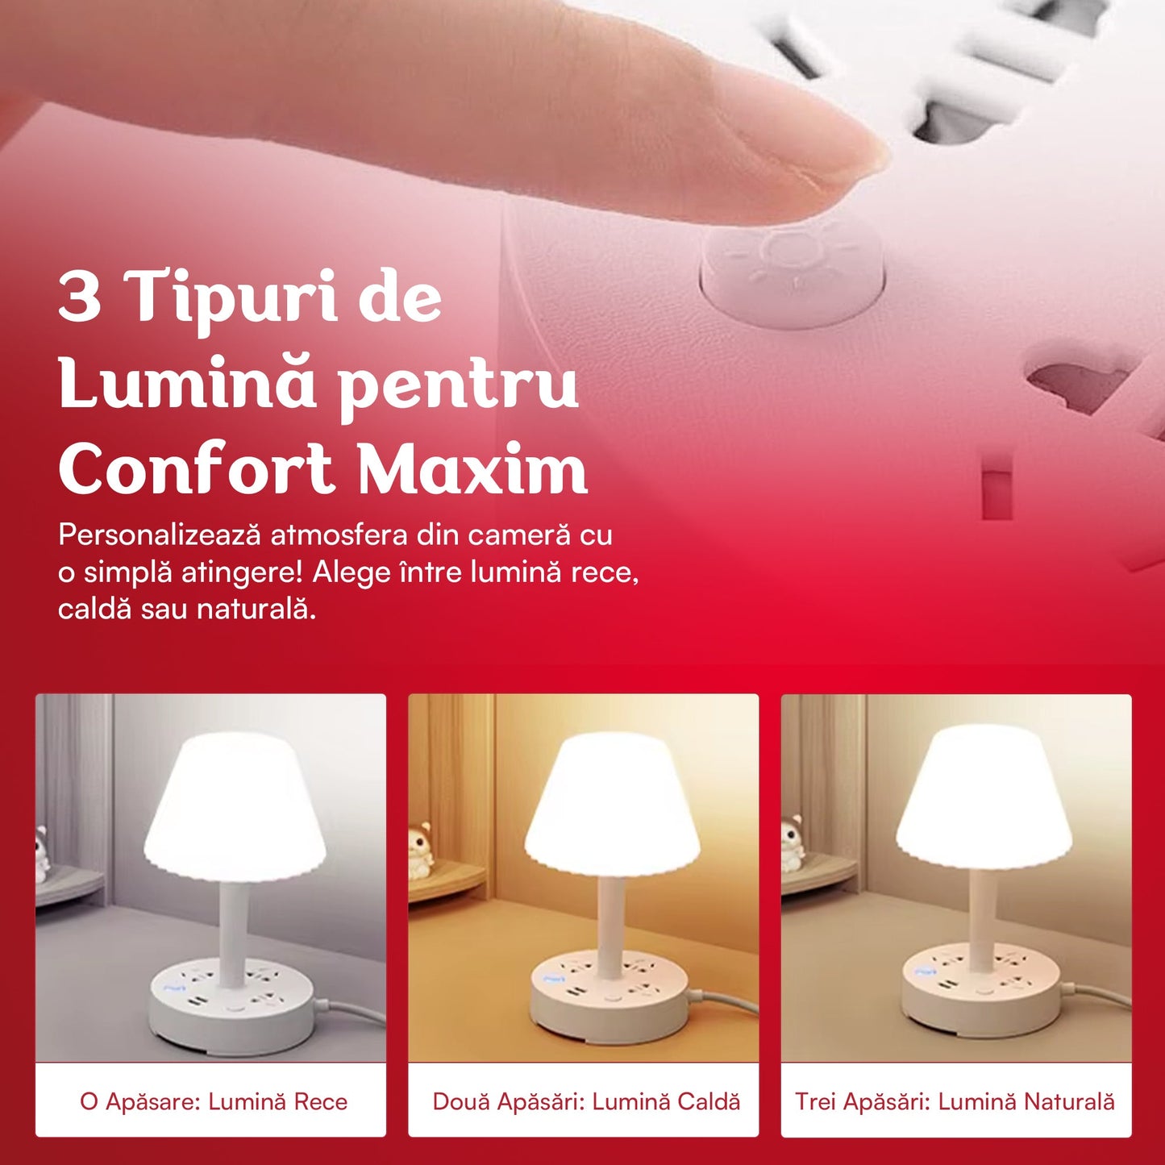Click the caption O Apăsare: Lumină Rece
click(214, 1102)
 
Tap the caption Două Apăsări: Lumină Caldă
click(586, 1102)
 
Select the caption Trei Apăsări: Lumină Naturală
click(955, 1102)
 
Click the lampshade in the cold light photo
click(235, 806)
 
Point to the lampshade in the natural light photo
click(984, 798)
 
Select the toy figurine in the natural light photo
click(792, 843)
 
